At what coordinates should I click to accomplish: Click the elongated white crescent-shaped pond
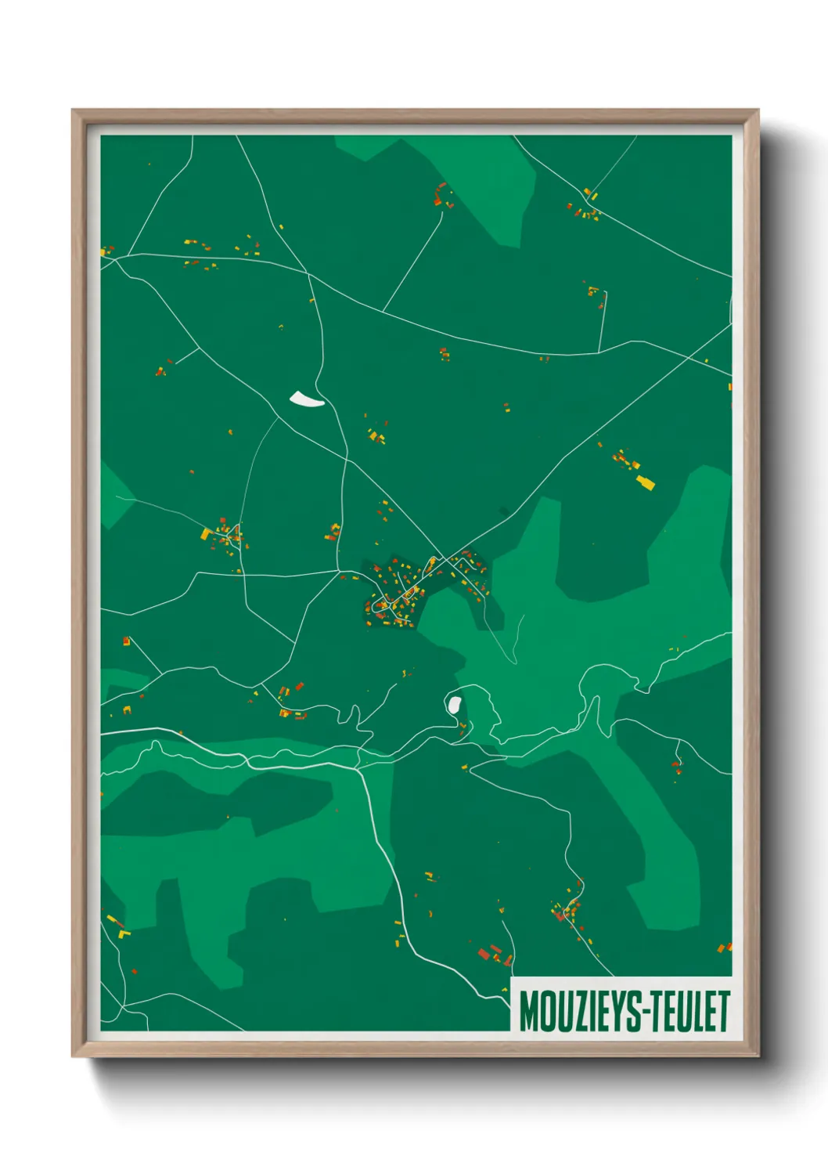tap(307, 400)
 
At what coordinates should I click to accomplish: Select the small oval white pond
tap(453, 703)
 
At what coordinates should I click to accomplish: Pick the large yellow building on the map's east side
tap(645, 482)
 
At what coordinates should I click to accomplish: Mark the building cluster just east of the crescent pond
tap(377, 435)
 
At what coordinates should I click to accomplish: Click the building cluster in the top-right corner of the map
tap(585, 205)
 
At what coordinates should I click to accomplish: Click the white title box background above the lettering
tap(622, 984)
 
